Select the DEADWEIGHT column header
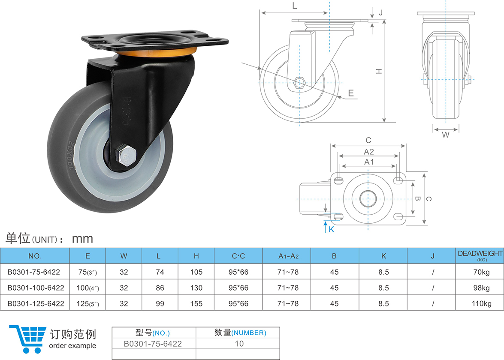pos(480,255)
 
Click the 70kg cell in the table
pos(481,272)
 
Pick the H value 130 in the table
pos(196,288)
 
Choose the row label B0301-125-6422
pos(36,303)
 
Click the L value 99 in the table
pos(160,303)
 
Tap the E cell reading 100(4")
pos(88,288)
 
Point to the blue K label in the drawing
pos(332,229)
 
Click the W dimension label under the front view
pos(446,135)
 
